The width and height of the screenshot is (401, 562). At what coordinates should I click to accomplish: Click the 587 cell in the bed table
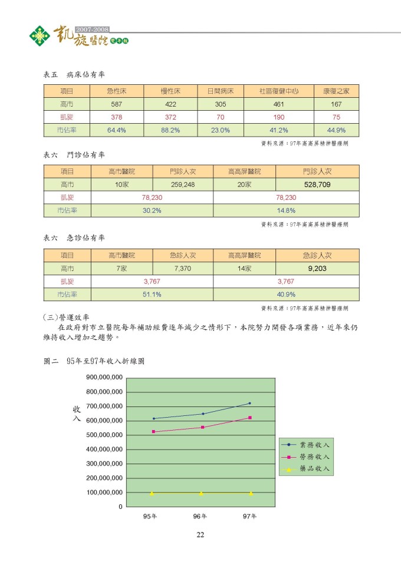pyautogui.click(x=117, y=104)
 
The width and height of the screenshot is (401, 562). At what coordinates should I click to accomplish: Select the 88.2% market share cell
pyautogui.click(x=170, y=130)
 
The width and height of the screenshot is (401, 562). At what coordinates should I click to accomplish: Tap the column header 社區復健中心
pyautogui.click(x=279, y=91)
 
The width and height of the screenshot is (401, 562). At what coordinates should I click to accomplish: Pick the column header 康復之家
pyautogui.click(x=337, y=91)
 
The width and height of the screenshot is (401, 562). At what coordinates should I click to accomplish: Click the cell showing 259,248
pyautogui.click(x=183, y=184)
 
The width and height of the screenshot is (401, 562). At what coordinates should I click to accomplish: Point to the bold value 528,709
pyautogui.click(x=317, y=184)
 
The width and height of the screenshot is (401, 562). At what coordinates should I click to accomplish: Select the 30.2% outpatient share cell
pyautogui.click(x=152, y=210)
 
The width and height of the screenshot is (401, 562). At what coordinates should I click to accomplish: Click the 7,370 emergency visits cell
pyautogui.click(x=183, y=268)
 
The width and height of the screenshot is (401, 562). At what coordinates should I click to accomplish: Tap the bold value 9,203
pyautogui.click(x=317, y=268)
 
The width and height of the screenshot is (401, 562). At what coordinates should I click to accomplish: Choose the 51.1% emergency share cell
pyautogui.click(x=152, y=294)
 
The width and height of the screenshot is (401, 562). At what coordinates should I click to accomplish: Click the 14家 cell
pyautogui.click(x=244, y=268)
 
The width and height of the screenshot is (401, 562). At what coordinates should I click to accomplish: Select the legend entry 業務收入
pyautogui.click(x=313, y=445)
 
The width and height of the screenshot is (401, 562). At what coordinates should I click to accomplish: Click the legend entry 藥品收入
pyautogui.click(x=313, y=469)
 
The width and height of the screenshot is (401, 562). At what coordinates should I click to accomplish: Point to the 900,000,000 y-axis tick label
pyautogui.click(x=104, y=378)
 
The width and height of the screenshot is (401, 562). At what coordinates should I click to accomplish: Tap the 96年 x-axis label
pyautogui.click(x=200, y=517)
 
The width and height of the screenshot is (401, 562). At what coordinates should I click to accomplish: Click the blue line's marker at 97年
pyautogui.click(x=250, y=404)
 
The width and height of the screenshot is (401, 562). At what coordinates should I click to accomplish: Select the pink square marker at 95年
pyautogui.click(x=153, y=432)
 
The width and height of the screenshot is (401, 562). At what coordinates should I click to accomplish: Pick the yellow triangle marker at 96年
pyautogui.click(x=201, y=493)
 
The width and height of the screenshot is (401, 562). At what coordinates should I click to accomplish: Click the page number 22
pyautogui.click(x=200, y=534)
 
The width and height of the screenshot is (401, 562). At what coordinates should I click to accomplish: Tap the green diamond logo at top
pyautogui.click(x=40, y=37)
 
